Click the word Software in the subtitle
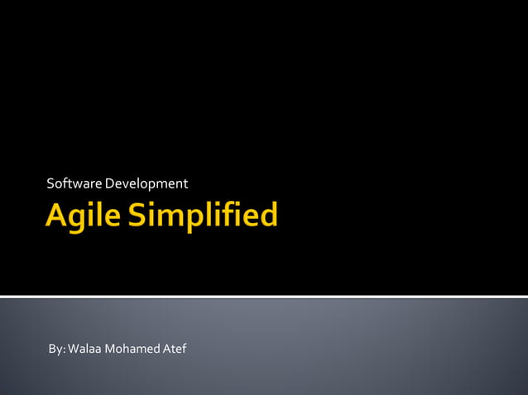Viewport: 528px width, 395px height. pyautogui.click(x=70, y=183)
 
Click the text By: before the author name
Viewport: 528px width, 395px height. pyautogui.click(x=56, y=349)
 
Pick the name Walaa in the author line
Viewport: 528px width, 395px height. pyautogui.click(x=84, y=349)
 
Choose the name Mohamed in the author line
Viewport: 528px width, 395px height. pyautogui.click(x=132, y=349)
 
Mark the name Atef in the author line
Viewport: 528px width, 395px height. pyautogui.click(x=174, y=349)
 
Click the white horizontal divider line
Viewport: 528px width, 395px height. pyautogui.click(x=264, y=296)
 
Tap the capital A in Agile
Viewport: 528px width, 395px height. pyautogui.click(x=56, y=216)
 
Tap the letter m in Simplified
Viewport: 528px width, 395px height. pyautogui.click(x=170, y=218)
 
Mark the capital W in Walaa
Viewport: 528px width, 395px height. pyautogui.click(x=74, y=349)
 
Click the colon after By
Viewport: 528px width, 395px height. pyautogui.click(x=64, y=350)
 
